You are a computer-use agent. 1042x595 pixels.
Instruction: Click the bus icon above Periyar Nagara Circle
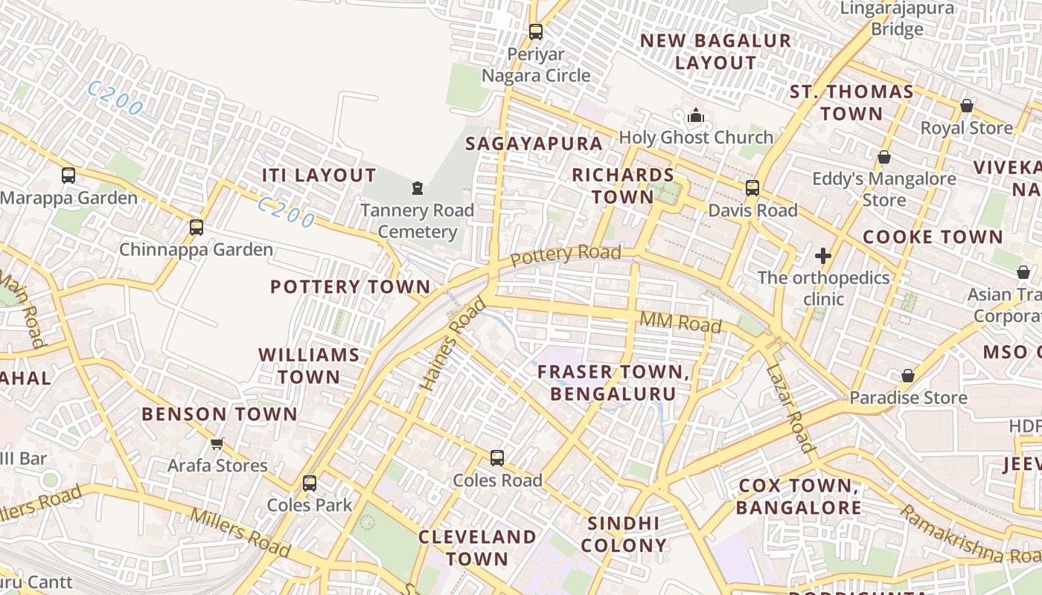[535, 32]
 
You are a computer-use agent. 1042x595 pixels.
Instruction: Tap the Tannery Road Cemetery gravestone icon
[418, 188]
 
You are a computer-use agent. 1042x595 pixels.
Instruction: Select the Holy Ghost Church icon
[696, 115]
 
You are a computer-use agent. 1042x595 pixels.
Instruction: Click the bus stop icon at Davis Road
[752, 188]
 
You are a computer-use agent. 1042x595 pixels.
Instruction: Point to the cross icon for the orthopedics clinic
[822, 256]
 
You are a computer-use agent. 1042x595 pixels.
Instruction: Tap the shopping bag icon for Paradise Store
[907, 376]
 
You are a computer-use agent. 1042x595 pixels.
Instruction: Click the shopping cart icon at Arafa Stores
[217, 443]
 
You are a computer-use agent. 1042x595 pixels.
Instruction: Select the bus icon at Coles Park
[310, 483]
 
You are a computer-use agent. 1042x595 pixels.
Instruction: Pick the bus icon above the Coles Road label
[497, 458]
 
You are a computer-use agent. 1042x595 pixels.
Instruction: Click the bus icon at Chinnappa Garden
[196, 228]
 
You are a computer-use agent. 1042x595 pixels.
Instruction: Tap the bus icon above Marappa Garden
[68, 176]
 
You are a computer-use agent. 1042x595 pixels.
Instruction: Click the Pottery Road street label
[566, 254]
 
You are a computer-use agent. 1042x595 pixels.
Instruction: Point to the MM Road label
[680, 323]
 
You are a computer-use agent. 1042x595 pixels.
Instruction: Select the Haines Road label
[453, 344]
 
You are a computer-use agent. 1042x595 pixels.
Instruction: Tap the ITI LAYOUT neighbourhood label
[319, 176]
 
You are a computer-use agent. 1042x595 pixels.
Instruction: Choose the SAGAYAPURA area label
[534, 144]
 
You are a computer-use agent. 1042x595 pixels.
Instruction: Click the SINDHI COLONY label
[624, 534]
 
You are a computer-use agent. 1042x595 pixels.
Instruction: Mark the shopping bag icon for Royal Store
[966, 106]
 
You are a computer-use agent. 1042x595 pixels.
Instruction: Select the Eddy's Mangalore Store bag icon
[884, 158]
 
